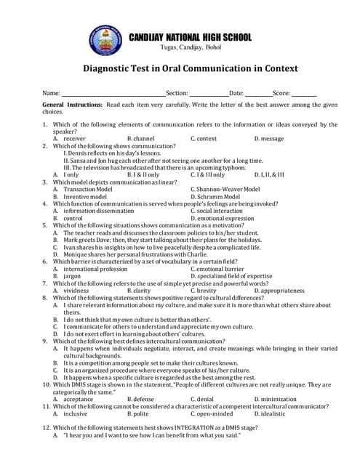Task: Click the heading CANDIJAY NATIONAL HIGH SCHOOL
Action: [190, 37]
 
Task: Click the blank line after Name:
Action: [113, 94]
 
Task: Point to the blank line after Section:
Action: [209, 94]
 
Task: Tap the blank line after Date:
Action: [258, 94]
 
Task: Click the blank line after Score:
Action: [305, 94]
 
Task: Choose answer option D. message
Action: [269, 138]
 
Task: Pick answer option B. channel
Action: [140, 138]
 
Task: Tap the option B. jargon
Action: [68, 276]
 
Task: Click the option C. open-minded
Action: [212, 413]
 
